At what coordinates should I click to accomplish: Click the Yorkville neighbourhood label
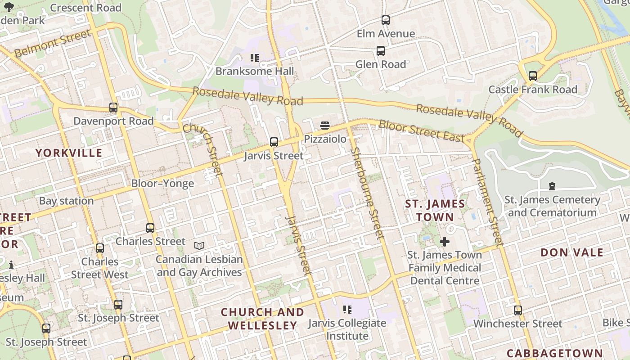[69, 153]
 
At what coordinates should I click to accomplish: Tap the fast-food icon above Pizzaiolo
[325, 125]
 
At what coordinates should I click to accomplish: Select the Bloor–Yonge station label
[162, 184]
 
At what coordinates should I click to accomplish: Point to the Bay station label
[67, 201]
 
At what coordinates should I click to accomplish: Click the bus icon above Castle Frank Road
[533, 76]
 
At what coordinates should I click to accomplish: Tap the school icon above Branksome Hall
[255, 58]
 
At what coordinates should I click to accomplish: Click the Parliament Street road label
[487, 202]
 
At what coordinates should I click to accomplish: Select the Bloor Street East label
[421, 131]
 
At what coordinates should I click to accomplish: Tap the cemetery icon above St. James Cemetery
[552, 186]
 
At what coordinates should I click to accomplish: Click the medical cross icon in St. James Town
[445, 242]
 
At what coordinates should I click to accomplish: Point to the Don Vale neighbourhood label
[572, 252]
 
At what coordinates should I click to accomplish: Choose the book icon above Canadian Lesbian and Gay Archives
[199, 246]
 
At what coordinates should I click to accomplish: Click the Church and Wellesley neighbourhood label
[262, 319]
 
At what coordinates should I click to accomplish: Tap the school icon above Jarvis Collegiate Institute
[347, 309]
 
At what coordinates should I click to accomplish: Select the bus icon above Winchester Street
[518, 310]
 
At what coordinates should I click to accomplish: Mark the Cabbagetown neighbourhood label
[554, 353]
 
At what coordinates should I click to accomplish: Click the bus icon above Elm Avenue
[386, 20]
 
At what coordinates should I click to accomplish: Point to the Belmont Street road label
[52, 44]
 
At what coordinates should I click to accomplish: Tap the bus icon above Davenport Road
[113, 108]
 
